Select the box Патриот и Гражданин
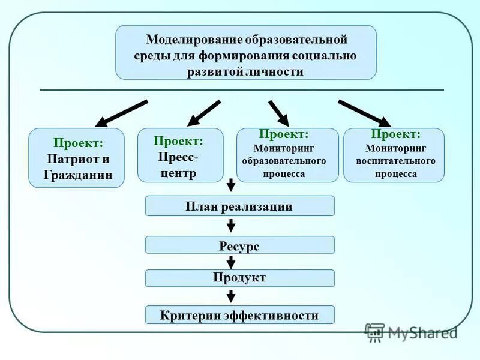(x=77, y=158)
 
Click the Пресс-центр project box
(x=180, y=155)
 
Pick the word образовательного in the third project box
(x=284, y=161)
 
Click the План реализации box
(x=239, y=206)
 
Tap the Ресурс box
(x=239, y=245)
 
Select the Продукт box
(x=239, y=278)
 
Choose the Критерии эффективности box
(x=239, y=315)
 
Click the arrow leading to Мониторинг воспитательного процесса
(x=364, y=113)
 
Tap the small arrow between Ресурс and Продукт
(x=231, y=262)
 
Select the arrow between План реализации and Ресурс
(x=231, y=226)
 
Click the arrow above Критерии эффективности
(x=231, y=296)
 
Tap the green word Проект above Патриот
(x=78, y=143)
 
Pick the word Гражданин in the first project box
(x=78, y=175)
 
